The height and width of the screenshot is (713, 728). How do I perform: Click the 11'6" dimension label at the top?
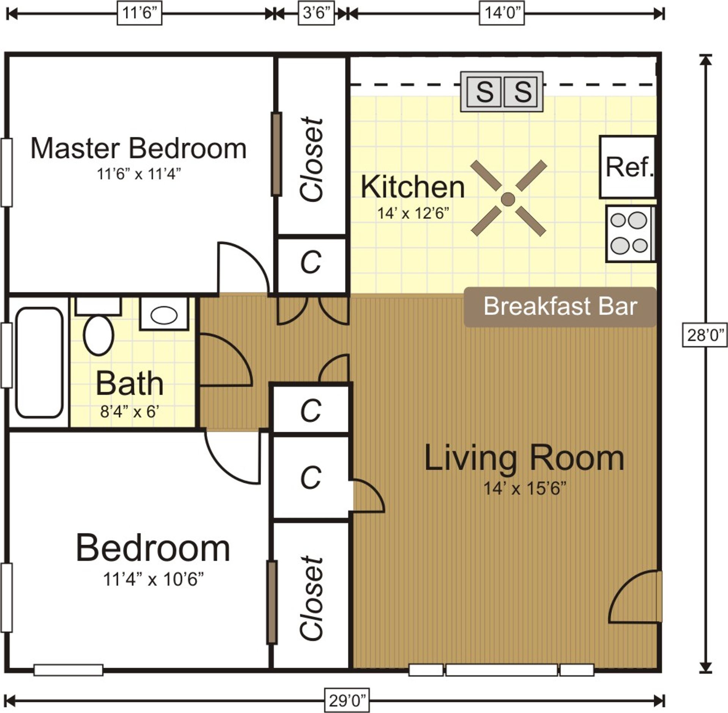coord(140,13)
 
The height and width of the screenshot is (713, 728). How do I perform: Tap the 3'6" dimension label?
coord(316,13)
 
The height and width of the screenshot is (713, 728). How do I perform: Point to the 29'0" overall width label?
coord(347,700)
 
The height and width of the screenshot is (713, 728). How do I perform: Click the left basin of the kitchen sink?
coord(484,92)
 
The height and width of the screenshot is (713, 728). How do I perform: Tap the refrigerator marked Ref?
coord(628,167)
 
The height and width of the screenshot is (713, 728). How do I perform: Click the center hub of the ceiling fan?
coord(508,199)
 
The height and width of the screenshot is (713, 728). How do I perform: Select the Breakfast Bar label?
coord(560,306)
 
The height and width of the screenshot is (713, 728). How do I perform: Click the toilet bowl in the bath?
coord(99,335)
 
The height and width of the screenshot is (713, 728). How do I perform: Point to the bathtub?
coord(39,363)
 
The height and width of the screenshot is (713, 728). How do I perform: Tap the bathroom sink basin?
coord(164,316)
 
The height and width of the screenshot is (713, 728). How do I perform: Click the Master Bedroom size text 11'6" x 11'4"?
coord(138,174)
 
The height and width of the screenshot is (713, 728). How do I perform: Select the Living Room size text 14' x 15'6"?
coord(524,489)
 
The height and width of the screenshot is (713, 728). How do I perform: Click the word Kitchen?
coord(413,187)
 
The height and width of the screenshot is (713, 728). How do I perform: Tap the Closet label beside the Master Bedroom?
coord(312,159)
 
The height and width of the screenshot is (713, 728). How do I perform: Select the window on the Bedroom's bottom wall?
coord(68,670)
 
